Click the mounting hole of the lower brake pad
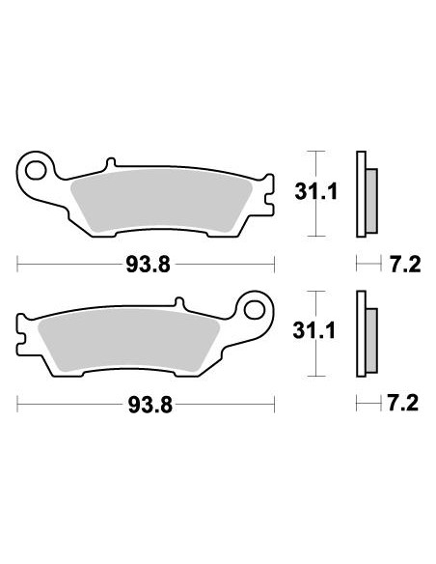point(258,311)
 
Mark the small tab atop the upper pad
point(111,163)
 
